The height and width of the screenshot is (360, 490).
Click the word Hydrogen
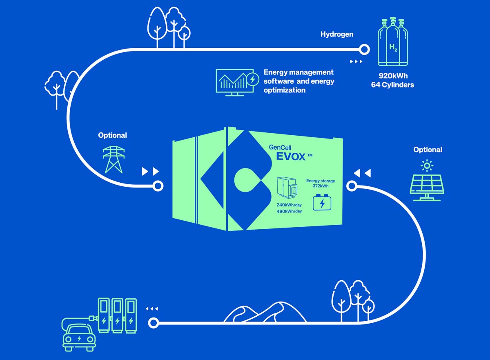click(x=337, y=34)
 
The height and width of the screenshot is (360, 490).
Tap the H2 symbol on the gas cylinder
click(x=393, y=48)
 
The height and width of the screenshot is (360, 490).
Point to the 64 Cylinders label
click(x=392, y=85)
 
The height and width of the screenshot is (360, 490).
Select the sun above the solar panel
click(x=427, y=165)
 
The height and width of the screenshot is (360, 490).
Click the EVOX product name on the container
click(x=291, y=156)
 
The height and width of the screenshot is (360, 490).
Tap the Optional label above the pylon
click(x=112, y=135)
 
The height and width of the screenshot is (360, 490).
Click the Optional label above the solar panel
click(x=428, y=150)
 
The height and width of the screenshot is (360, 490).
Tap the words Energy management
click(x=298, y=72)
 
